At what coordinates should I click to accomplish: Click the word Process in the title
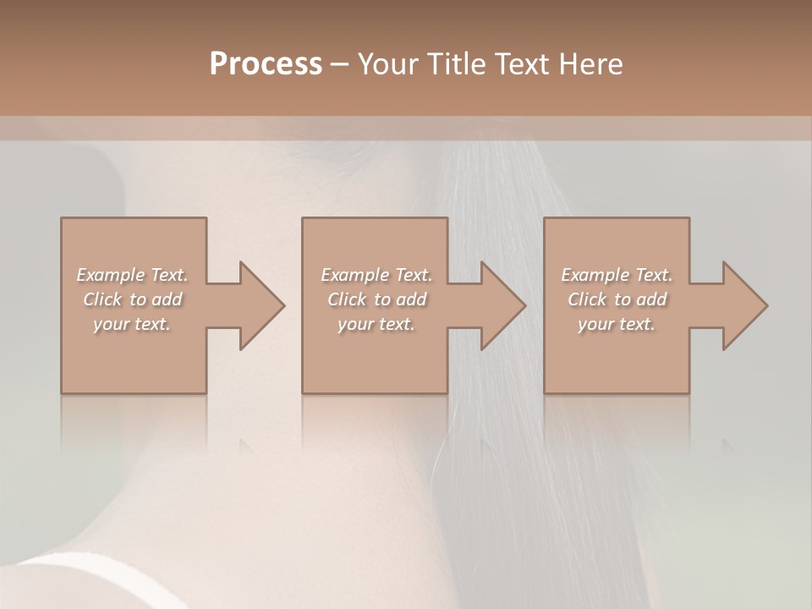pos(266,64)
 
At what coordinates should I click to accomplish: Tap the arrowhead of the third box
pos(743,305)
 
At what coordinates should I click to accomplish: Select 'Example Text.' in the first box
pos(133,275)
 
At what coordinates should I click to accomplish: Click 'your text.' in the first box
pos(133,324)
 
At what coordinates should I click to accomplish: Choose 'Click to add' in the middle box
pos(376,299)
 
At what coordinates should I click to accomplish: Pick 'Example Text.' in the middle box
pos(376,275)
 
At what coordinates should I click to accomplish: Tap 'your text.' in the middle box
pos(376,324)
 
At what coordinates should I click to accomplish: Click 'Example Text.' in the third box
pos(617,275)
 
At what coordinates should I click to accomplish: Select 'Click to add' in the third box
pos(617,299)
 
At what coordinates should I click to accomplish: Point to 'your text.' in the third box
pos(617,324)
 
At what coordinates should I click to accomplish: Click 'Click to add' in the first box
pos(133,299)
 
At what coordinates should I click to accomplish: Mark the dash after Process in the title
pos(340,65)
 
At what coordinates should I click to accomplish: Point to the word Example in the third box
pos(595,275)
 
